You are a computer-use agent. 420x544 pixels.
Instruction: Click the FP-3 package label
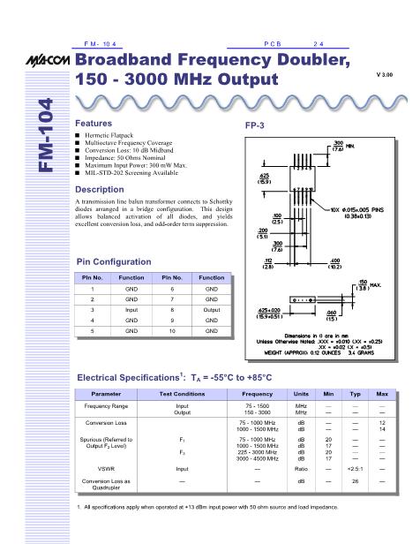pyautogui.click(x=255, y=126)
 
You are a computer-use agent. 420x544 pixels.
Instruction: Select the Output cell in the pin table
pyautogui.click(x=210, y=311)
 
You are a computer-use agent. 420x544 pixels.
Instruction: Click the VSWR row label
pyautogui.click(x=107, y=468)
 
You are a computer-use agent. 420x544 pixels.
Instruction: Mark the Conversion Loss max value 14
pyautogui.click(x=383, y=429)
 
